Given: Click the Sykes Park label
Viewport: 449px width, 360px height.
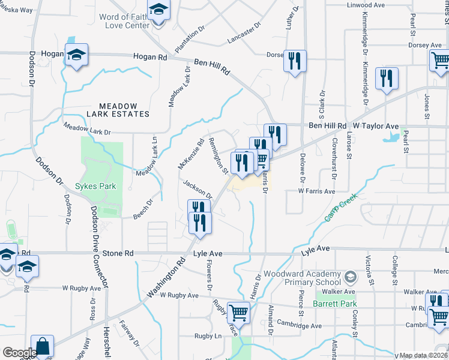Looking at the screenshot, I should pos(95,186).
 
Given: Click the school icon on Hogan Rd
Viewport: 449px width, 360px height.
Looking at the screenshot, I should pos(76,55).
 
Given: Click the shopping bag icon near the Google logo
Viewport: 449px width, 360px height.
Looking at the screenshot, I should pos(43,347).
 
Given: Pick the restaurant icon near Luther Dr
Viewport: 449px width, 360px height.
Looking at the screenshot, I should pos(295,61).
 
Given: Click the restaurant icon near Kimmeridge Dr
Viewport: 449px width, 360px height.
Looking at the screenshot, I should pos(387,79).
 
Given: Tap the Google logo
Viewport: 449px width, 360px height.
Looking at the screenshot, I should pos(19,352).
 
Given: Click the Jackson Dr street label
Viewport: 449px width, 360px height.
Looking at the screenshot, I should pos(197,191).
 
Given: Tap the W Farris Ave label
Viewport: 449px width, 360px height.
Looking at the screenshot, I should pos(317,191).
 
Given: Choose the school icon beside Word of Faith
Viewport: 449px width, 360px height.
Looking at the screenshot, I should pos(158,11).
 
